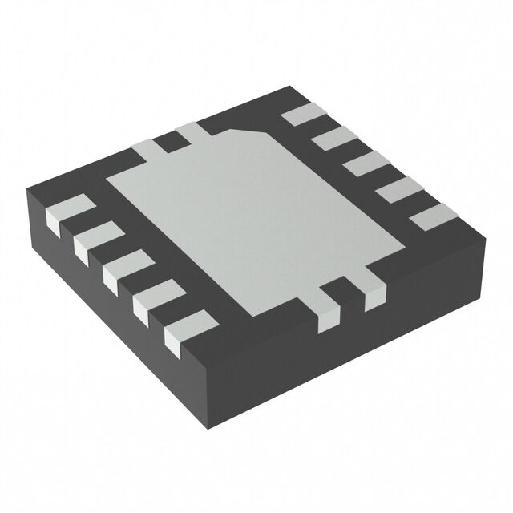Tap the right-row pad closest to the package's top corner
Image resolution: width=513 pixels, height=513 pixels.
301,115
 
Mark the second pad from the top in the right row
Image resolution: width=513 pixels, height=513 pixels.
331,139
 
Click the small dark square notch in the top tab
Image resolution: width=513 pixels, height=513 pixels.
168,143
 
